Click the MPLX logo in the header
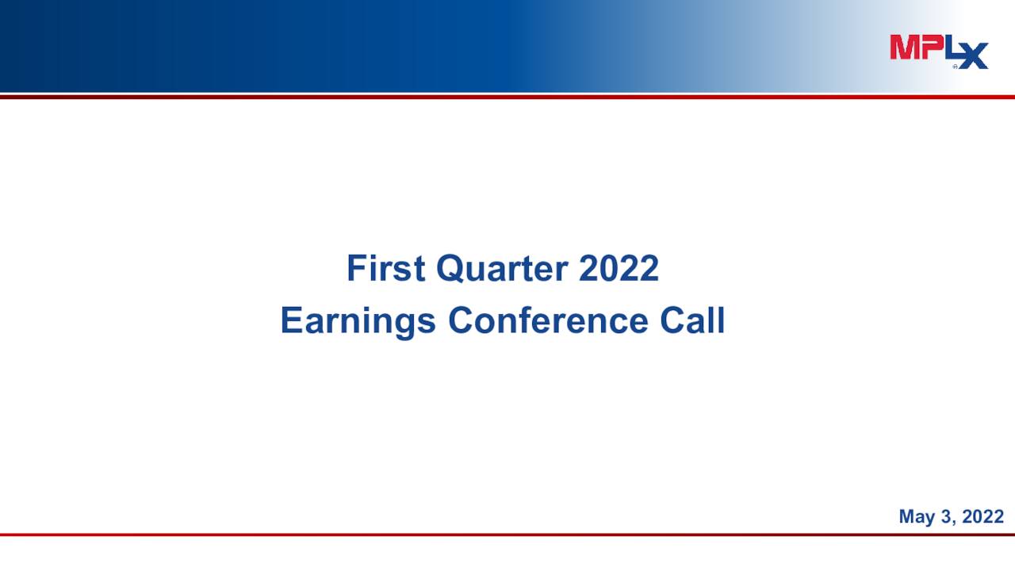click(x=939, y=51)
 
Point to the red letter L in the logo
click(x=948, y=48)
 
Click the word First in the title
click(x=385, y=269)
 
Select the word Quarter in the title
click(x=502, y=269)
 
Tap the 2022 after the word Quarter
click(x=619, y=269)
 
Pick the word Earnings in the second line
click(x=358, y=321)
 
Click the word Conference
click(x=547, y=321)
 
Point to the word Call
click(x=692, y=321)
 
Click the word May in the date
click(x=917, y=517)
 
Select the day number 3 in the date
click(x=946, y=517)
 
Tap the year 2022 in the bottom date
click(x=983, y=517)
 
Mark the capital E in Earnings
click(x=290, y=321)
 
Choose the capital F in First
click(x=355, y=269)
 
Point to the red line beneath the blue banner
click(x=507, y=97)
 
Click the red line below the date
click(x=507, y=535)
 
